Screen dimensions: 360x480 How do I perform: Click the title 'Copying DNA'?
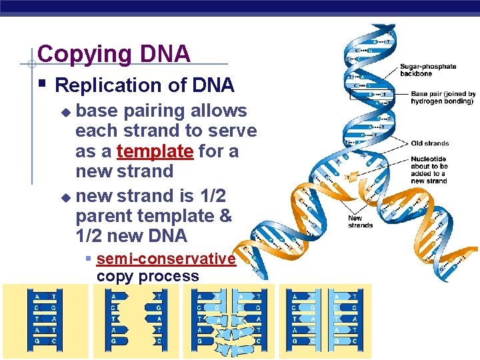pos(114,54)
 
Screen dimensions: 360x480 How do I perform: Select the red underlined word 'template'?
pos(154,151)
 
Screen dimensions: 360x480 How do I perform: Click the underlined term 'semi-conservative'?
pos(165,259)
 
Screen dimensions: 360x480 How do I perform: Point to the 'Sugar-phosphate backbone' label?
pos(428,70)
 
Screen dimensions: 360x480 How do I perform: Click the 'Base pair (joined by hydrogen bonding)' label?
pos(443,98)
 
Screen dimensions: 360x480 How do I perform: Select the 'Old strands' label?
pos(430,143)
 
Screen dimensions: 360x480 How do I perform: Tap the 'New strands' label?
pos(361,221)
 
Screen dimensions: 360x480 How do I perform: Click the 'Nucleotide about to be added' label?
pos(429,170)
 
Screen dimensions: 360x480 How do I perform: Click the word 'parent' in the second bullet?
pos(103,216)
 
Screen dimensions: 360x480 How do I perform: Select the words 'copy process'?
pos(147,276)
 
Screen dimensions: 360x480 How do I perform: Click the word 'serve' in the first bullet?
pos(231,131)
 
